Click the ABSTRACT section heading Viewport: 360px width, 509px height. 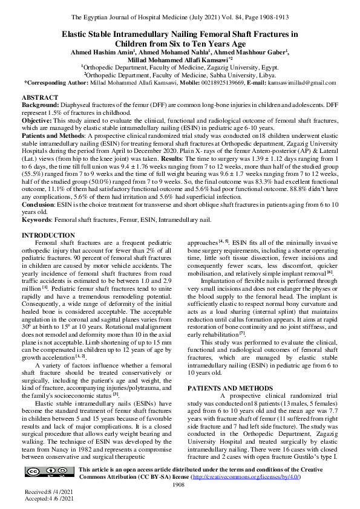(40, 97)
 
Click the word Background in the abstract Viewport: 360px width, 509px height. (38, 105)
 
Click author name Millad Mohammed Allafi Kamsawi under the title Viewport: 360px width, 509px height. (179, 60)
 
